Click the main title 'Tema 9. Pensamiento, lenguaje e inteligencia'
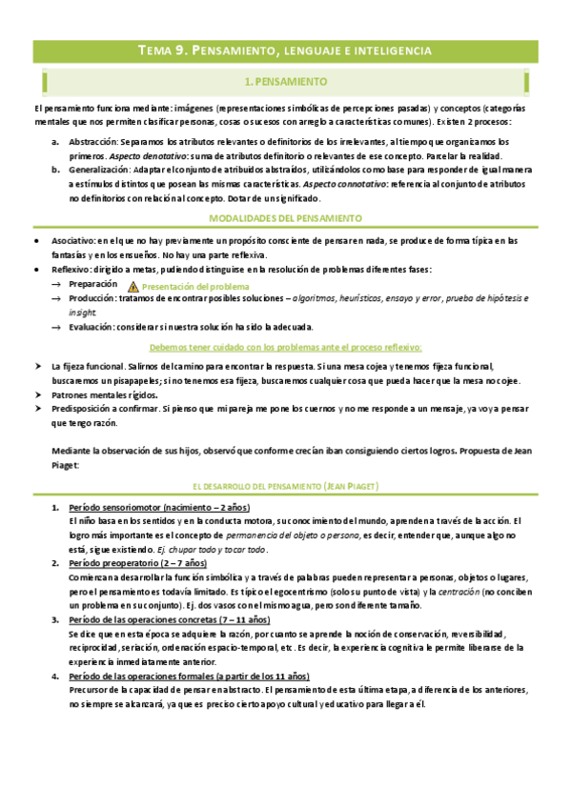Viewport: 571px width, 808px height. (285, 50)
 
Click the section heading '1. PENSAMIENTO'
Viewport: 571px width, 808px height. (285, 82)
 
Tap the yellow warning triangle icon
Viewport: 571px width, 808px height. (133, 287)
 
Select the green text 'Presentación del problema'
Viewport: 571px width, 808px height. (195, 287)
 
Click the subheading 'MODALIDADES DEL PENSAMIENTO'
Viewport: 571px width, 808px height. (285, 219)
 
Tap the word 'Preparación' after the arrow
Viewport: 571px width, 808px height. (93, 285)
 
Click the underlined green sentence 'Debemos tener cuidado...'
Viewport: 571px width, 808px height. (285, 347)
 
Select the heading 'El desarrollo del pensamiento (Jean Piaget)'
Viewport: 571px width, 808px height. (285, 486)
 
